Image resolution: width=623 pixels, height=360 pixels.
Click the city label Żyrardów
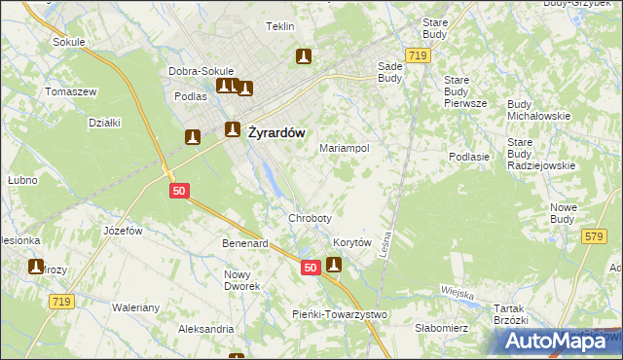(277, 133)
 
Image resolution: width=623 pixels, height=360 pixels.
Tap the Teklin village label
(280, 26)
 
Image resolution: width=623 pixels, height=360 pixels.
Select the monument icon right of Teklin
(304, 57)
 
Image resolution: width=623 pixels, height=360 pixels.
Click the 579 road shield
(594, 236)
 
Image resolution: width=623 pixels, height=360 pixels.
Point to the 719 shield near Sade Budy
(420, 57)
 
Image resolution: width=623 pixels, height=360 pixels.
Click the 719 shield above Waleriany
(62, 304)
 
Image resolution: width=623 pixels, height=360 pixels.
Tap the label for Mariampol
(345, 149)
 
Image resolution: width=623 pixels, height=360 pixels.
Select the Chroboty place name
(310, 218)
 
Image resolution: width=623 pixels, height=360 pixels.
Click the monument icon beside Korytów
(334, 264)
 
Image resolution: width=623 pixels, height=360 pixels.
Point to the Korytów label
(353, 243)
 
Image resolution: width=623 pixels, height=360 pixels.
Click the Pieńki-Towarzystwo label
(340, 314)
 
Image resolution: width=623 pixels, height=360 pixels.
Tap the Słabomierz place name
(441, 328)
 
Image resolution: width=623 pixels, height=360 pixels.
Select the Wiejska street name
(457, 293)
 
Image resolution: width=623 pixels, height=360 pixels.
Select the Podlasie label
(468, 157)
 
